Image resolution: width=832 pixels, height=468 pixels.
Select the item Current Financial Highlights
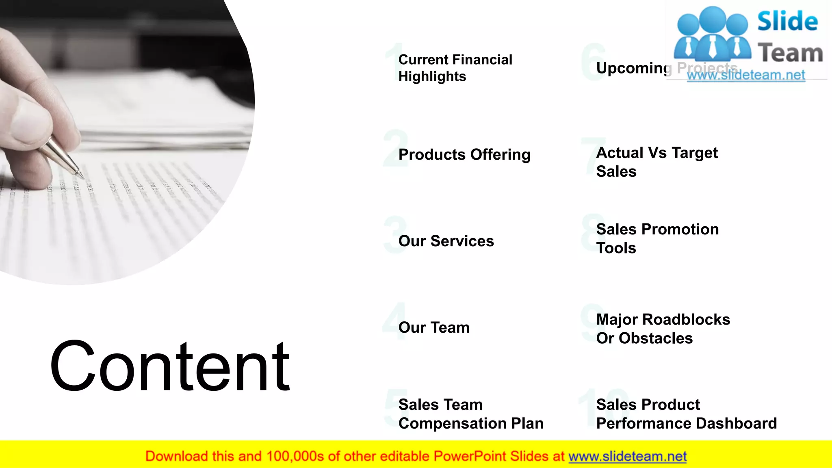click(x=455, y=68)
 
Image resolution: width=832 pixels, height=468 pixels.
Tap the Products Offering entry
click(x=464, y=155)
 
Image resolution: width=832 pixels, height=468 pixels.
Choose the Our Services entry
click(x=446, y=241)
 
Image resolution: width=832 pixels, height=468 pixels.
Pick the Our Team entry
click(x=434, y=328)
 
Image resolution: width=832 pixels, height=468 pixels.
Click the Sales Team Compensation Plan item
click(x=470, y=414)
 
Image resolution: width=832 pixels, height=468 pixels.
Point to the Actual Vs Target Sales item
click(x=656, y=162)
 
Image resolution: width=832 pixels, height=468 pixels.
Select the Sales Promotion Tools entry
click(x=657, y=238)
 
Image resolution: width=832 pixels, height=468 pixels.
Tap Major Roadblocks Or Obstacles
click(x=663, y=329)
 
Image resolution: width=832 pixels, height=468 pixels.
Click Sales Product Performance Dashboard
click(x=686, y=414)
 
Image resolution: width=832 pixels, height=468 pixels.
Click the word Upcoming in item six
click(x=633, y=68)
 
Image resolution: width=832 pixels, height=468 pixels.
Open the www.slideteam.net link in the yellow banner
click(x=627, y=457)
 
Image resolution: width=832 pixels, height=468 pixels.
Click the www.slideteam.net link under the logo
click(x=746, y=75)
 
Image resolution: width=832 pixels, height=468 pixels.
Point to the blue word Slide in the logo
click(x=787, y=22)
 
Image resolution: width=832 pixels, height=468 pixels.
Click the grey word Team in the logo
click(x=790, y=53)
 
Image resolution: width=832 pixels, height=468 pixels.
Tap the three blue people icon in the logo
click(x=712, y=35)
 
